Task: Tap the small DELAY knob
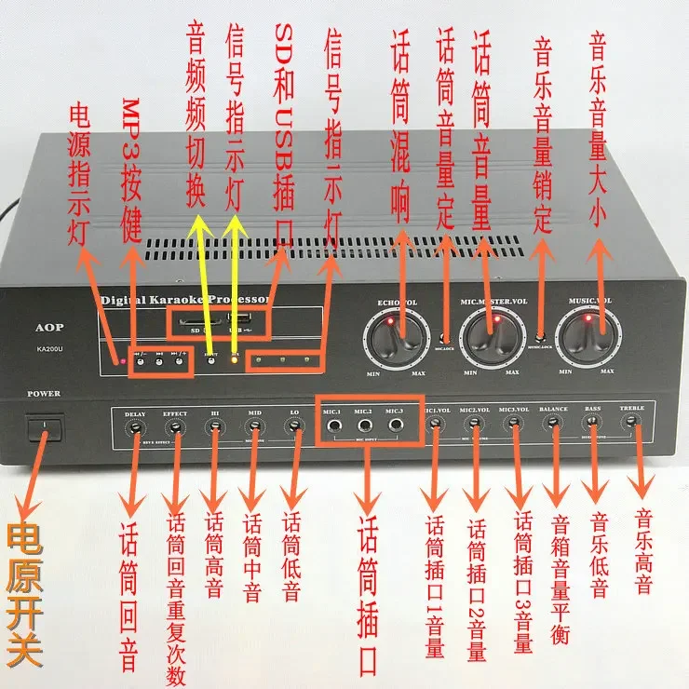[136, 426]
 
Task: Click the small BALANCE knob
[553, 424]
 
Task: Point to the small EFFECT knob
[174, 426]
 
